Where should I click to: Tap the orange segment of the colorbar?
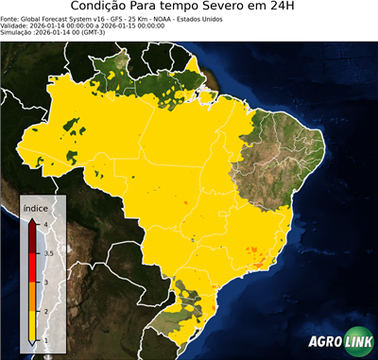[x=33, y=296]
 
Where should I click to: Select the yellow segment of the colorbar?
[x=33, y=325]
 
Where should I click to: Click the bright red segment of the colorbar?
[x=33, y=266]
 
